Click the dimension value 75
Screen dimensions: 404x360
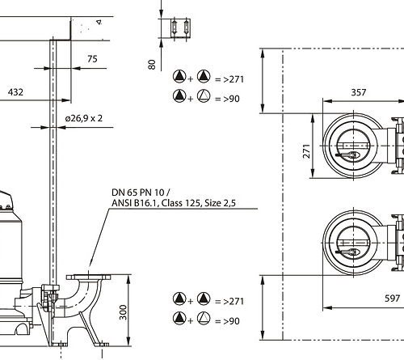[x=92, y=59]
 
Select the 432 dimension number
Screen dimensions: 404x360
[x=15, y=92]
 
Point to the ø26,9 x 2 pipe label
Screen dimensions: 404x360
[x=84, y=118]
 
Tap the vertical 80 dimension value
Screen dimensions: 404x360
[x=152, y=65]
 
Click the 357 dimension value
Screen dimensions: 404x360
[x=359, y=92]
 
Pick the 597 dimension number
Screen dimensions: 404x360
[x=392, y=299]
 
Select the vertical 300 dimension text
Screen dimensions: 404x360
[x=123, y=312]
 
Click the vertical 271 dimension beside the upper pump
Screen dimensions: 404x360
[x=307, y=151]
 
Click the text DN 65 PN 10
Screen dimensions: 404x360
[x=138, y=193]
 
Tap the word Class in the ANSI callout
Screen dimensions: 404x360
[x=172, y=203]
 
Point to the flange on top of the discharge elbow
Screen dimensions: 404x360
[x=88, y=277]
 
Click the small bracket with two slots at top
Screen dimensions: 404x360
[x=180, y=28]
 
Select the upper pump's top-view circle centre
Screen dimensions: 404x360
[x=353, y=146]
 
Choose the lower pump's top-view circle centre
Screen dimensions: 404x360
[x=353, y=243]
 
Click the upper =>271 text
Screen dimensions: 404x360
[x=229, y=79]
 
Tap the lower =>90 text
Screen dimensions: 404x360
[x=227, y=321]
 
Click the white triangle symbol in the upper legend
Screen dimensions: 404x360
[x=204, y=96]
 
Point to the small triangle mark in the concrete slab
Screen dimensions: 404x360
[x=99, y=22]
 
